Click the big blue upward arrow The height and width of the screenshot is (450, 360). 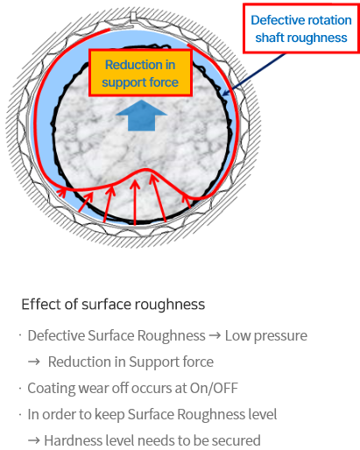142,116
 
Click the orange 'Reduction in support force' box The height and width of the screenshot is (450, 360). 140,73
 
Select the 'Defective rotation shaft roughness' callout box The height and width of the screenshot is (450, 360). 301,28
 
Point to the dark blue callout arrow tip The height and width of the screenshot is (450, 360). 223,95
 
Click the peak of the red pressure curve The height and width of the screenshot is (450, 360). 145,169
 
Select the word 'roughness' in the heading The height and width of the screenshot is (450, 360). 170,305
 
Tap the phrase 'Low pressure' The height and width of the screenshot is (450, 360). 266,336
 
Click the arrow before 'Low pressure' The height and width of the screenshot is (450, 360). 215,336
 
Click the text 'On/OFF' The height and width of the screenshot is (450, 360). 214,389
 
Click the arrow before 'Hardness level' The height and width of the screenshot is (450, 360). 34,440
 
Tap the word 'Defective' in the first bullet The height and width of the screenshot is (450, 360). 56,336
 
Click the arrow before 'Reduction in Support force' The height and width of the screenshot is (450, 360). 34,362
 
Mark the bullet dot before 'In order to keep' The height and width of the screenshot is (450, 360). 20,414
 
